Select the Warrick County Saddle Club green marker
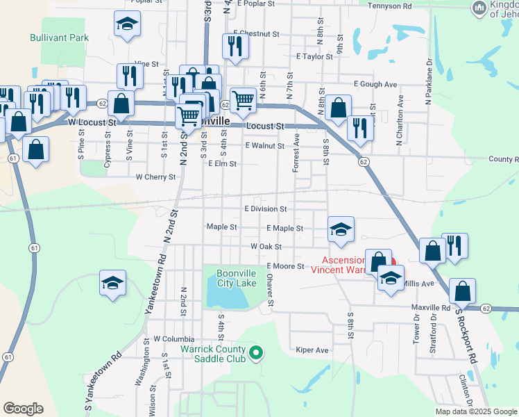pos(256,353)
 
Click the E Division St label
pos(265,208)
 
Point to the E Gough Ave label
pos(375,84)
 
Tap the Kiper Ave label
pos(312,350)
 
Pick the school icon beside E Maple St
pos(341,229)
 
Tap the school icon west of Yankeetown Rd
pos(112,283)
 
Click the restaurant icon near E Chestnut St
pos(235,45)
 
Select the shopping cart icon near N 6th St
pos(243,99)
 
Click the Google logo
pos(23,409)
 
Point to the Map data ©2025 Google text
pos(476,411)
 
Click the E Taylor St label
pos(314,57)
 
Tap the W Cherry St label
pos(155,177)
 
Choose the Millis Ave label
pos(418,284)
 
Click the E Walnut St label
pos(265,146)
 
